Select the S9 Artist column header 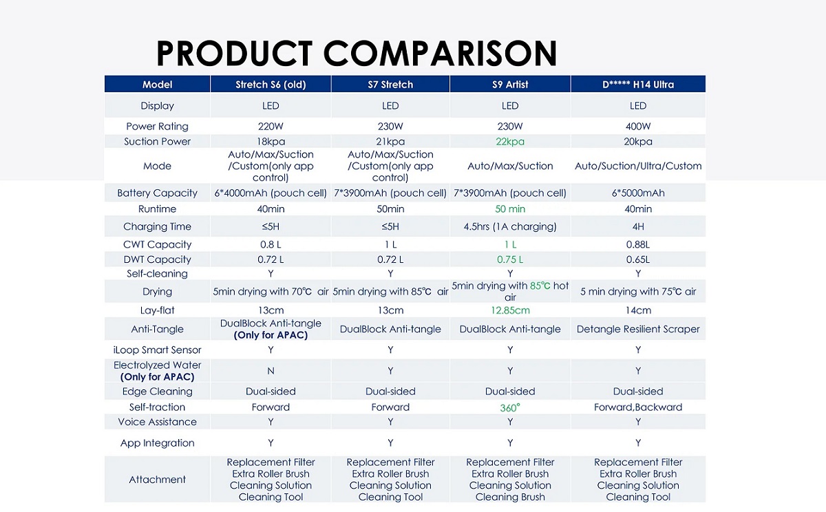pos(510,85)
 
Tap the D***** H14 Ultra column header pos(638,85)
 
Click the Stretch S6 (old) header pos(271,85)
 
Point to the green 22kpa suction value pos(510,141)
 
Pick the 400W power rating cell pos(638,127)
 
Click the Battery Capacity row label pos(157,193)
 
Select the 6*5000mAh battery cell pos(638,193)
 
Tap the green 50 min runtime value pos(510,209)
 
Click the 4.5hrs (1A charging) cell pos(510,226)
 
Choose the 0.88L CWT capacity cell pos(638,244)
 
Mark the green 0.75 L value pos(510,259)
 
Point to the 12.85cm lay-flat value pos(510,310)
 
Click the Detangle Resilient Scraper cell pos(638,329)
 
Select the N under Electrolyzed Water pos(271,371)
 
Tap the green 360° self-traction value pos(510,407)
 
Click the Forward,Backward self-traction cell pos(638,407)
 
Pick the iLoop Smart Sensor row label pos(157,350)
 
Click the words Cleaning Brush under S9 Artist pos(510,497)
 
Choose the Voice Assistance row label pos(157,422)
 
